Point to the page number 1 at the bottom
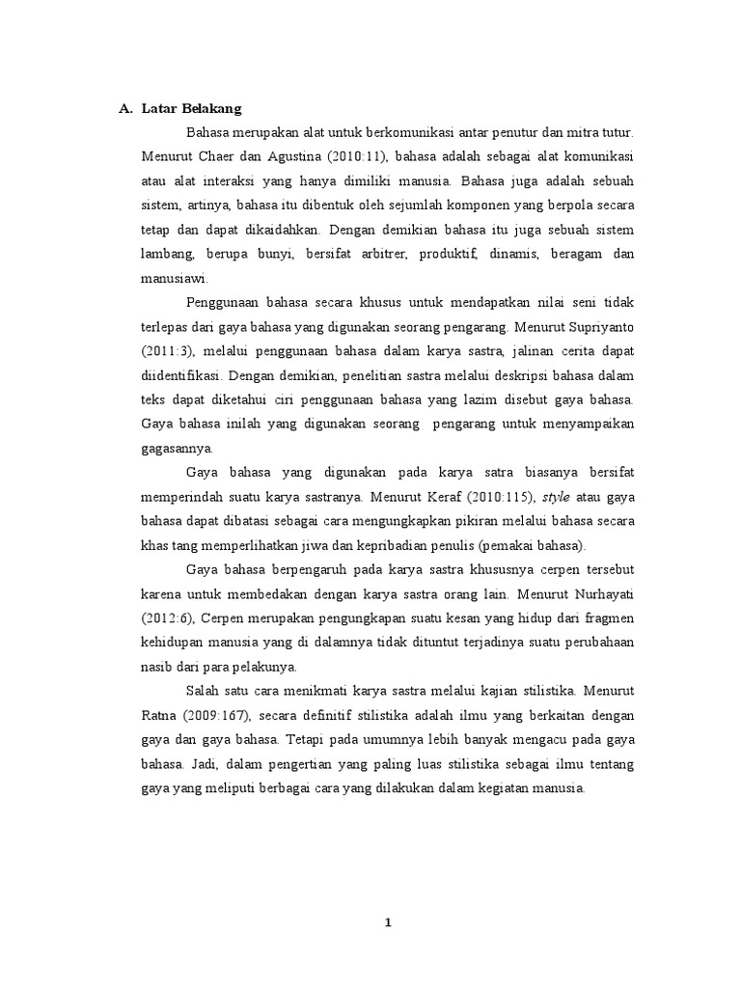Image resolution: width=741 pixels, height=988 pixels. pos(387,921)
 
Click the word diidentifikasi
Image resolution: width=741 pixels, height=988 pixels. pos(178,373)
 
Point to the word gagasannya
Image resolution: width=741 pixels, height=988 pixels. pos(178,446)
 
